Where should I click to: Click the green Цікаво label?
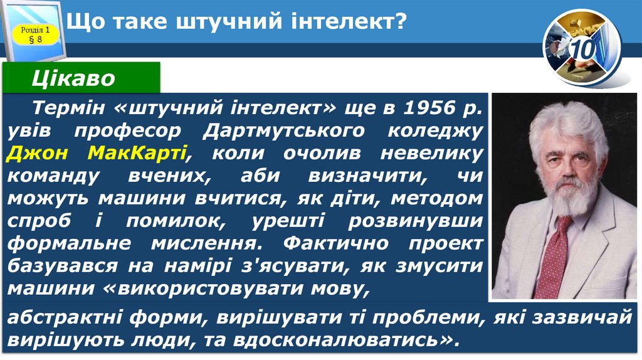click(x=74, y=78)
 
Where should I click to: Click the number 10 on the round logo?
click(x=582, y=48)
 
